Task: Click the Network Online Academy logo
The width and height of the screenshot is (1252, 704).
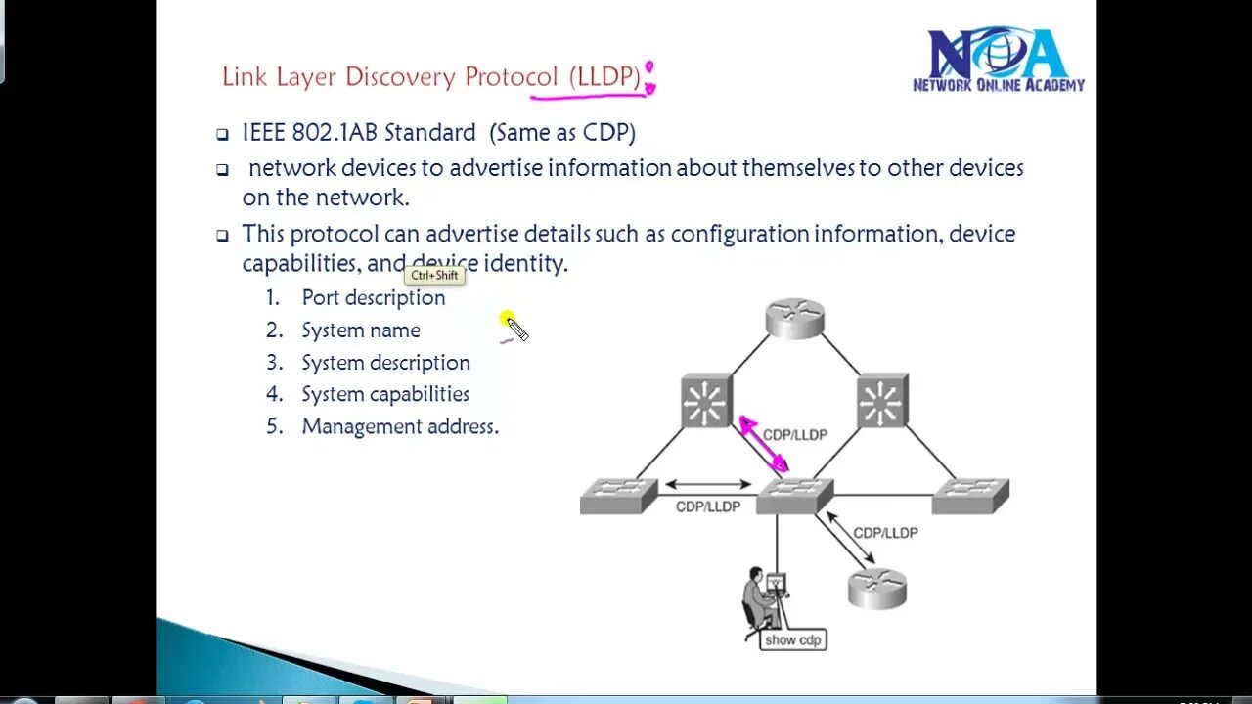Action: pos(998,61)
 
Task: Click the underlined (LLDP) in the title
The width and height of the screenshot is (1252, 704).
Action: pos(605,77)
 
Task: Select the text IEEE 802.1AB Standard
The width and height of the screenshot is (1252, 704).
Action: pos(359,133)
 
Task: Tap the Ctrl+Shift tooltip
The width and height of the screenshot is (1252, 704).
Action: pos(434,276)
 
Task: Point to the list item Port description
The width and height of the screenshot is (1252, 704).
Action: pos(373,298)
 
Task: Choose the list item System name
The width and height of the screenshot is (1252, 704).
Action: pos(360,330)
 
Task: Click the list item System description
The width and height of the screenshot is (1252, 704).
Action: pos(385,363)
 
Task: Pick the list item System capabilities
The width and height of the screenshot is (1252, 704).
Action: pos(385,394)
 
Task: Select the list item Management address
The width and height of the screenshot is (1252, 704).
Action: pos(399,426)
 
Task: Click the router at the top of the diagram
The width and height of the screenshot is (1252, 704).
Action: pos(794,319)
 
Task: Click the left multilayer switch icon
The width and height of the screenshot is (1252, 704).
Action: pos(706,401)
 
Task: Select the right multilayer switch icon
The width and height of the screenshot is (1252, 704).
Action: pos(881,401)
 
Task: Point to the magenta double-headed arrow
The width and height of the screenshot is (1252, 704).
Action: pos(764,445)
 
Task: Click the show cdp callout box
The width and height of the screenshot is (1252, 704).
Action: pos(793,639)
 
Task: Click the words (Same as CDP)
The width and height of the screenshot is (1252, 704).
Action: pos(562,133)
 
